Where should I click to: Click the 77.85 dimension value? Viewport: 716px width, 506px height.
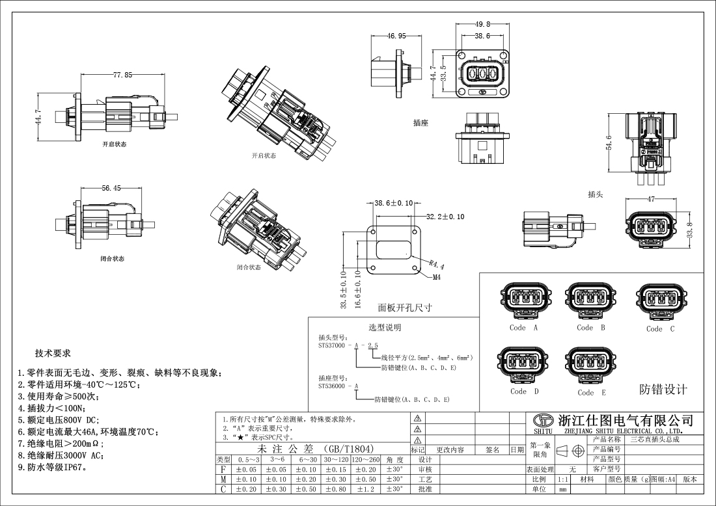(122, 75)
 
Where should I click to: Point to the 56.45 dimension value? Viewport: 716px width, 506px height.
(111, 189)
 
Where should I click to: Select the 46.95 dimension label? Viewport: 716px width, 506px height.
(396, 36)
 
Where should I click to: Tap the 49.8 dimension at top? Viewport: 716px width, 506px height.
(482, 25)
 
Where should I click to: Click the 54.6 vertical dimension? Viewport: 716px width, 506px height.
(609, 142)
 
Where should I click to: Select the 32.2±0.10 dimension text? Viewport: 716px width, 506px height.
(445, 217)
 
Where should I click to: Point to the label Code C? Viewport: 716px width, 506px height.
(660, 328)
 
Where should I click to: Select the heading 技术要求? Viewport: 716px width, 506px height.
(53, 353)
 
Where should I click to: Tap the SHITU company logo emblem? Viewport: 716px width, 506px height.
(543, 421)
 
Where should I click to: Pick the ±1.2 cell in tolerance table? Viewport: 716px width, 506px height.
(366, 489)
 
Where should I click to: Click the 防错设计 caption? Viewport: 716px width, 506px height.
(663, 390)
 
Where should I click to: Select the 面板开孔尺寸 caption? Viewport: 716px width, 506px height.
(405, 308)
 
